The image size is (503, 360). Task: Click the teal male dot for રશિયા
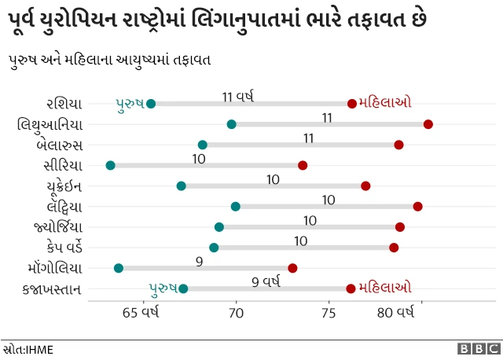click(x=151, y=104)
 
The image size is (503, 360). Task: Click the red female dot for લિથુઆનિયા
click(x=428, y=124)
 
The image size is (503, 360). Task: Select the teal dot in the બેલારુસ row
click(x=203, y=145)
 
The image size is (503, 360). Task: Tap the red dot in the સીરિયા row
click(x=303, y=165)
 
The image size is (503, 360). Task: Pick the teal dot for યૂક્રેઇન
click(x=182, y=186)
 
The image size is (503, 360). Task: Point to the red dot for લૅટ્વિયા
click(x=417, y=206)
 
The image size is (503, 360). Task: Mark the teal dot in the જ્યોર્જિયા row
click(x=219, y=227)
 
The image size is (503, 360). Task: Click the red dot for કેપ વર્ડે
click(x=394, y=248)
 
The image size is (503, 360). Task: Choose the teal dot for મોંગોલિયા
click(x=119, y=268)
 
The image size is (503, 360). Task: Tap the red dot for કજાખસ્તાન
click(x=351, y=288)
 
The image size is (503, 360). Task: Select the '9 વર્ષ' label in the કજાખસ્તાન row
click(x=266, y=281)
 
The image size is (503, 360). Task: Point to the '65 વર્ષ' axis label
click(x=141, y=314)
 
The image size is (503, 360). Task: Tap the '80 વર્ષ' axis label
click(x=395, y=314)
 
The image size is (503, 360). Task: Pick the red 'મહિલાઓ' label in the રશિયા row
click(x=384, y=102)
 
